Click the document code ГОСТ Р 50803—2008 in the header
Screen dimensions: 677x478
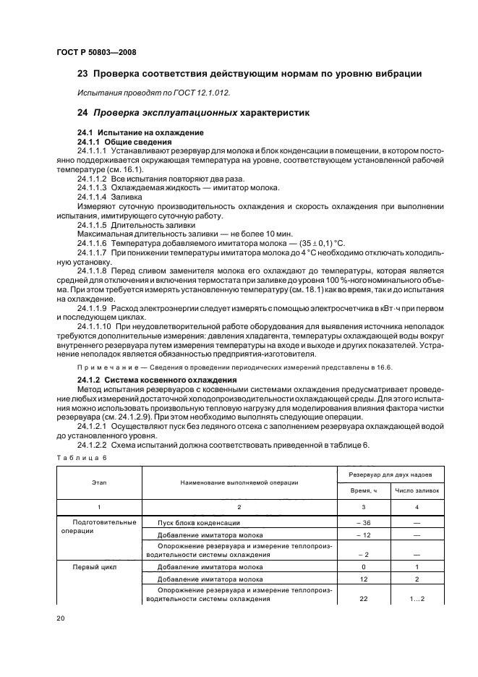tap(96, 52)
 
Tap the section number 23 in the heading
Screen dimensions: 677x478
tap(82, 74)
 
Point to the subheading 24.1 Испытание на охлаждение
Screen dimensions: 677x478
tap(140, 132)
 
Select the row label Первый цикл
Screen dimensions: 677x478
tap(90, 568)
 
